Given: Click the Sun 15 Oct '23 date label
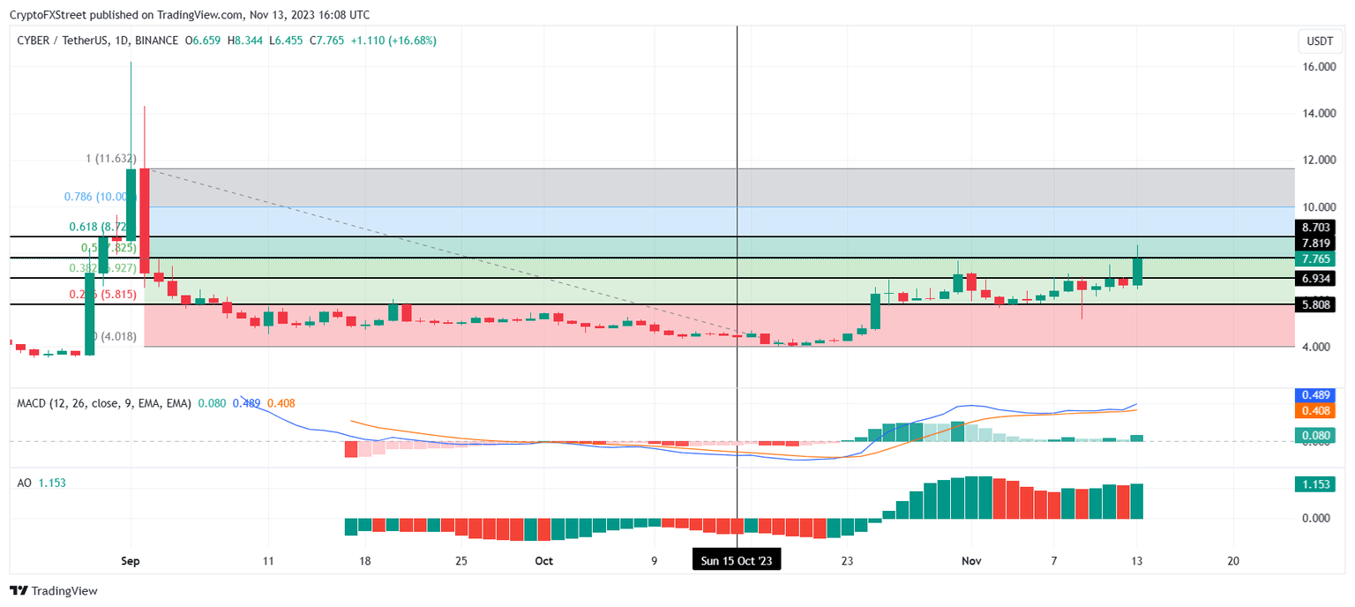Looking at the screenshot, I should (x=737, y=560).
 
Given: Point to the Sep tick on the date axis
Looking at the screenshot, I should (x=131, y=560).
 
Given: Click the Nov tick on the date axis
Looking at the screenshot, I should (x=971, y=560).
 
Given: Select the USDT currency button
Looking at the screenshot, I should (x=1319, y=41).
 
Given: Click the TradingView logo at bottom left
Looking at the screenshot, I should (x=54, y=591).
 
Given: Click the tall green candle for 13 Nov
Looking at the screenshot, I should (x=1138, y=271).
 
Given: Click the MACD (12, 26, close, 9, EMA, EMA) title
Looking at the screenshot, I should (x=103, y=403).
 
